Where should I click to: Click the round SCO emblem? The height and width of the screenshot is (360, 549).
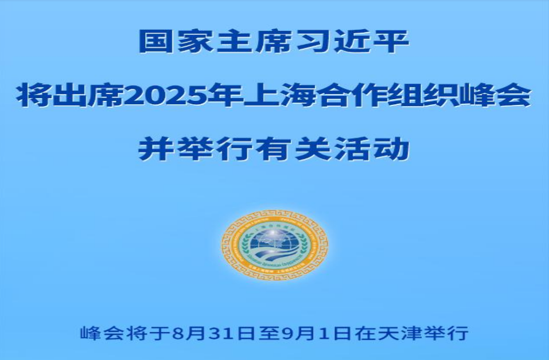tap(275, 244)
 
